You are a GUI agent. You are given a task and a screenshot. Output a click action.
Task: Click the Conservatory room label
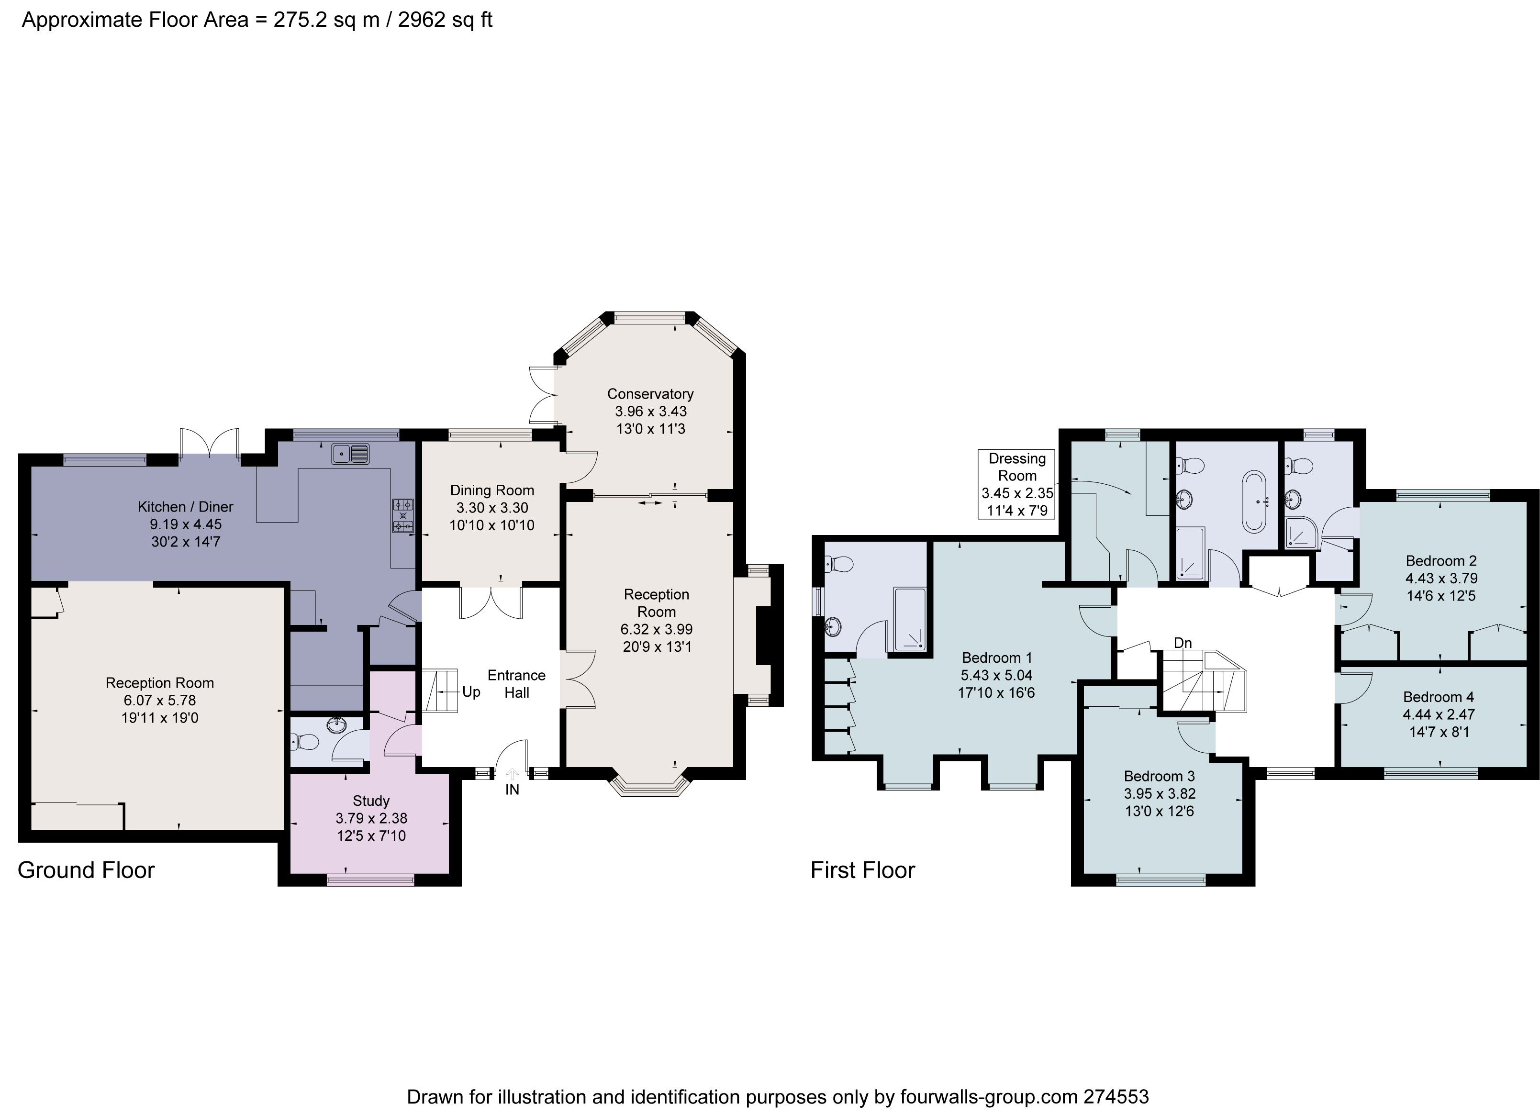coord(650,394)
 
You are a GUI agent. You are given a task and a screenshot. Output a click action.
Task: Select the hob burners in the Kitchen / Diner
coord(402,516)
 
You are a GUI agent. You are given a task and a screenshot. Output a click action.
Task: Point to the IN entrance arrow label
coord(512,790)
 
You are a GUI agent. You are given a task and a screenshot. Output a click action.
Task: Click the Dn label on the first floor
coord(1182,643)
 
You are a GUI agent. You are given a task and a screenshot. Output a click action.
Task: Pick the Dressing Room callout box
coord(1016,484)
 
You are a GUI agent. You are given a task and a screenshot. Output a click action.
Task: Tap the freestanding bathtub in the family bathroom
coord(1254,501)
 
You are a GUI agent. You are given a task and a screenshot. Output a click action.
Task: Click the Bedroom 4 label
coord(1438,697)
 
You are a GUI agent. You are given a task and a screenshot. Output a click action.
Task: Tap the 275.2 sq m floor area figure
coord(326,20)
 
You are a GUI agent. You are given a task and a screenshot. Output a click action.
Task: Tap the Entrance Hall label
coord(516,684)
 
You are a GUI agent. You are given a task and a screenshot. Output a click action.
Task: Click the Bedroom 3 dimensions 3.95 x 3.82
coord(1159,793)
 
